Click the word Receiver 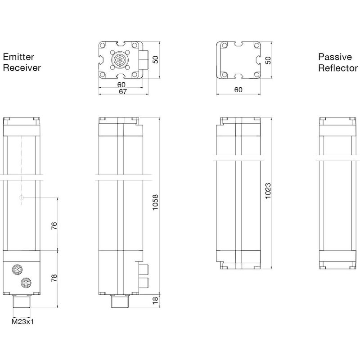pyautogui.click(x=22, y=68)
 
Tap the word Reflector pyautogui.click(x=338, y=68)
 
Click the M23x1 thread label pyautogui.click(x=22, y=322)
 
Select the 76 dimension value pyautogui.click(x=54, y=226)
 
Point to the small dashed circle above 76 pyautogui.click(x=22, y=198)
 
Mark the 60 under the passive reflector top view pyautogui.click(x=238, y=90)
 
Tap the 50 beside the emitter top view pyautogui.click(x=155, y=60)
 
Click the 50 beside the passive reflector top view pyautogui.click(x=268, y=60)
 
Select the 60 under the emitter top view pyautogui.click(x=121, y=85)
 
